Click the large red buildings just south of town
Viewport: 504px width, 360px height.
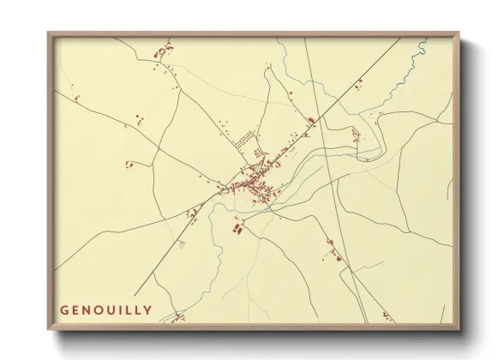[x=237, y=228]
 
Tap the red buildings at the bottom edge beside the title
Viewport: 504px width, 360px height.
[x=178, y=318]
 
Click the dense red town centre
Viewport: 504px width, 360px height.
[x=253, y=183]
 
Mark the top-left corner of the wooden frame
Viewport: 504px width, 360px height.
[x=50, y=33]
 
